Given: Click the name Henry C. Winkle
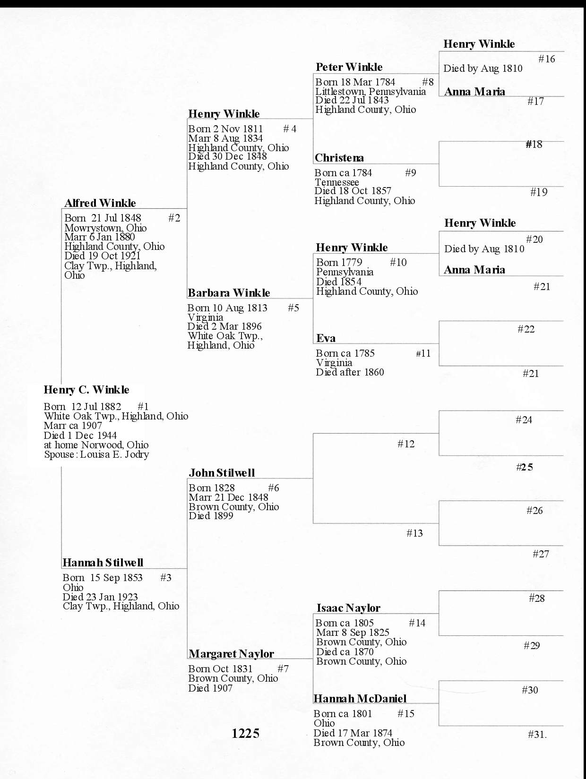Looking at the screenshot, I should pyautogui.click(x=86, y=390).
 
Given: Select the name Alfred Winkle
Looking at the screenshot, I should pyautogui.click(x=100, y=203).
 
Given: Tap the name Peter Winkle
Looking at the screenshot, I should pyautogui.click(x=349, y=67).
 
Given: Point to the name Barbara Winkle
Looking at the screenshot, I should pyautogui.click(x=229, y=293).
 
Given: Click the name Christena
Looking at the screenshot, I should pyautogui.click(x=339, y=158).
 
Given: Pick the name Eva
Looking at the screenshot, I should pyautogui.click(x=326, y=338).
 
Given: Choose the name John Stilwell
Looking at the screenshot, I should pyautogui.click(x=222, y=473).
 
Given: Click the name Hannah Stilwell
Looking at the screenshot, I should pyautogui.click(x=103, y=563).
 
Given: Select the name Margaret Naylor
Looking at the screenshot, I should pyautogui.click(x=231, y=654).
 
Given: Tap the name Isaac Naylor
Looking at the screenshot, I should pyautogui.click(x=348, y=608).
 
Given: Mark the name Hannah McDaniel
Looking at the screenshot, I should pyautogui.click(x=360, y=699).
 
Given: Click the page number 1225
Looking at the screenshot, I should pyautogui.click(x=246, y=733).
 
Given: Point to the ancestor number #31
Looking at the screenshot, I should pyautogui.click(x=537, y=735).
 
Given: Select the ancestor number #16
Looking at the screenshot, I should pyautogui.click(x=547, y=59).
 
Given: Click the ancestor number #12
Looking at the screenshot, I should pyautogui.click(x=406, y=444).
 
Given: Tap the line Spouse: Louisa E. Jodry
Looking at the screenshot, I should pyautogui.click(x=96, y=454).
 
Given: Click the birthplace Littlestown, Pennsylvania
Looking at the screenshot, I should pyautogui.click(x=371, y=91).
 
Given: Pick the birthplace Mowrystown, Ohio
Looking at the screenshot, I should pyautogui.click(x=105, y=228).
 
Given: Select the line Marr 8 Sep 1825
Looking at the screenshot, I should pyautogui.click(x=353, y=633).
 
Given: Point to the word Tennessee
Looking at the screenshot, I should pyautogui.click(x=337, y=182).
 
